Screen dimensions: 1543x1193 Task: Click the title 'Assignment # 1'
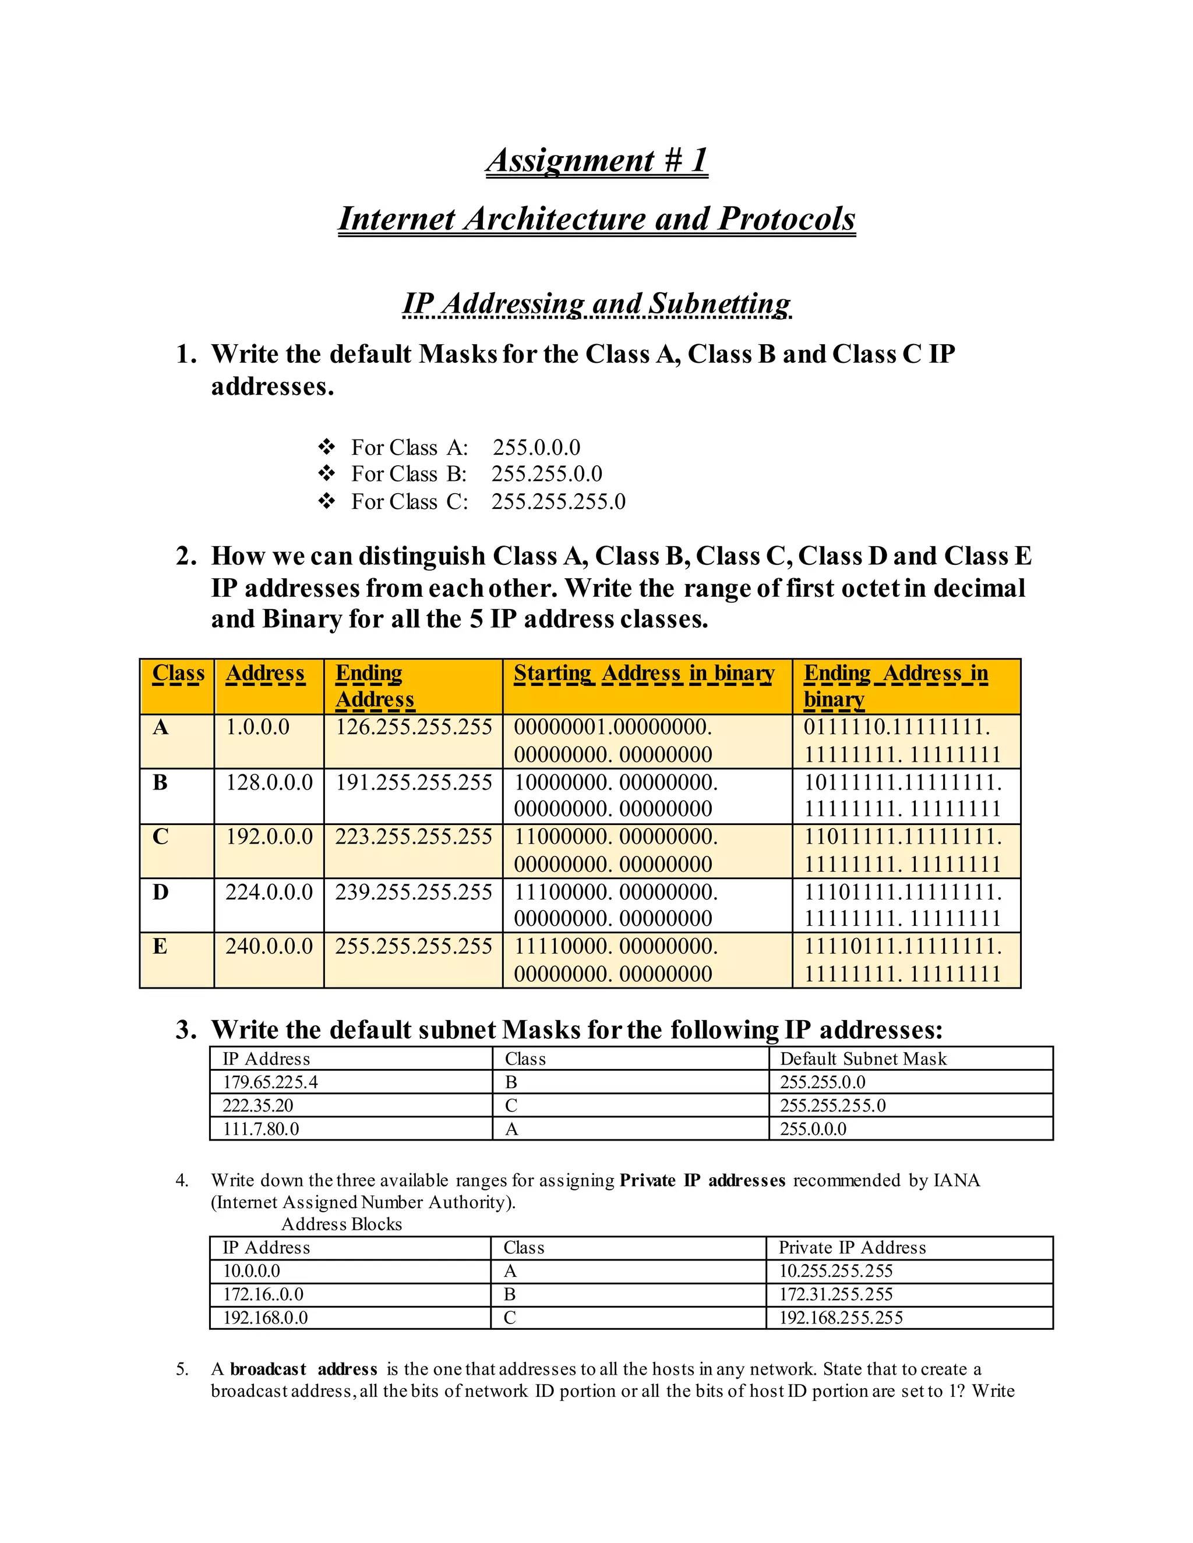click(x=596, y=160)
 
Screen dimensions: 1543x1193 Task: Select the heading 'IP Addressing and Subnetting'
click(x=596, y=304)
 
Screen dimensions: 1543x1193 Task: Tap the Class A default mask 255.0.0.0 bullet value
click(x=537, y=447)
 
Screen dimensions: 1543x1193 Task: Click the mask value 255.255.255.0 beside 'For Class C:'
click(x=558, y=501)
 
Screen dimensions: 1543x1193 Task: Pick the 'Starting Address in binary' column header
click(x=644, y=673)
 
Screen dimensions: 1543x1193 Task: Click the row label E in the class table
click(x=160, y=946)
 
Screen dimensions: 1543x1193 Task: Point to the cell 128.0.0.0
click(x=269, y=782)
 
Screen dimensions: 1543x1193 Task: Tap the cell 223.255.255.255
click(x=414, y=837)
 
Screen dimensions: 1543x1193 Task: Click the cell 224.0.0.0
click(x=269, y=891)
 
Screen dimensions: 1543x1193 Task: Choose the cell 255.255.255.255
click(x=414, y=946)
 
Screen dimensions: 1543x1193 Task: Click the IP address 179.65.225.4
click(x=270, y=1082)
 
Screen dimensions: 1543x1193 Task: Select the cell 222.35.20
click(x=258, y=1106)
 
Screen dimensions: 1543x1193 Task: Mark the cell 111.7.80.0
click(x=261, y=1129)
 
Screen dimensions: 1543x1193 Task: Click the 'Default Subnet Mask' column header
click(x=863, y=1059)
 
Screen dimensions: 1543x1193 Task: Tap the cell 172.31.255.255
click(x=836, y=1294)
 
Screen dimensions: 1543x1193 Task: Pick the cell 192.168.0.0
click(x=266, y=1318)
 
